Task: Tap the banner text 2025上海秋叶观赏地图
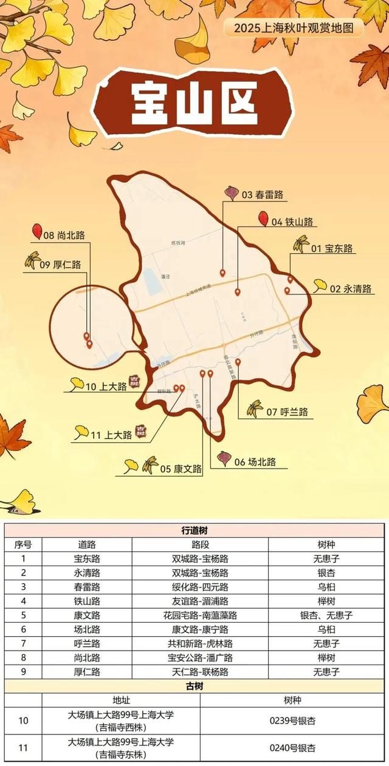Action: [x=294, y=27]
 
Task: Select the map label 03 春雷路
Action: [x=263, y=195]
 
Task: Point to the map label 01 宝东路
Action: [x=332, y=248]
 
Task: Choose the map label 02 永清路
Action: [x=351, y=288]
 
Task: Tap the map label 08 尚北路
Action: [x=64, y=234]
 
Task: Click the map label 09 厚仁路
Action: [x=60, y=265]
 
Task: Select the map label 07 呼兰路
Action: [x=287, y=412]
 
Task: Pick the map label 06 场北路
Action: [x=255, y=462]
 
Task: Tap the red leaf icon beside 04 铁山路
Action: [x=263, y=219]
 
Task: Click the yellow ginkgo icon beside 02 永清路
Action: [x=320, y=285]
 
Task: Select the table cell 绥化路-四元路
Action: [x=200, y=587]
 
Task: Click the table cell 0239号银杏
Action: [x=292, y=720]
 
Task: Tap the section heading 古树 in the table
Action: [x=194, y=686]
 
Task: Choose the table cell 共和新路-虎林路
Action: [x=200, y=643]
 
